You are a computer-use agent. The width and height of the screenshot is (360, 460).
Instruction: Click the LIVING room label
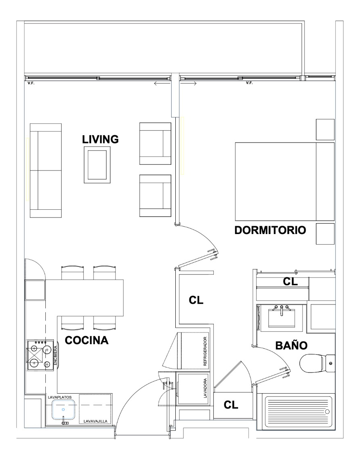tap(100, 139)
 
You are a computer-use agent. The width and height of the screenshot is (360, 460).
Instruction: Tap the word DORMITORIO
tap(270, 230)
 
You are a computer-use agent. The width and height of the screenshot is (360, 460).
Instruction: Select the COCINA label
tap(87, 340)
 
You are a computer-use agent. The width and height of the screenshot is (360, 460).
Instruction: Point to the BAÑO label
tap(291, 345)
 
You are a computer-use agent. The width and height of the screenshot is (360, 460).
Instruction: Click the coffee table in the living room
tap(97, 165)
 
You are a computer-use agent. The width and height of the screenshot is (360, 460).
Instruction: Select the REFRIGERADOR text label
tap(205, 351)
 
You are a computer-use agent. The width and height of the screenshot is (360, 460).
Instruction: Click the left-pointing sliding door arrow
tap(162, 84)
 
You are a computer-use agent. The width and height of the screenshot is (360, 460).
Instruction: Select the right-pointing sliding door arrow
tap(189, 84)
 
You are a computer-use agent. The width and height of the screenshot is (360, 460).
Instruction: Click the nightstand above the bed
tap(325, 129)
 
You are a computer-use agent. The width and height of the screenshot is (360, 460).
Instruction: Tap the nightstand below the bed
tap(325, 234)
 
